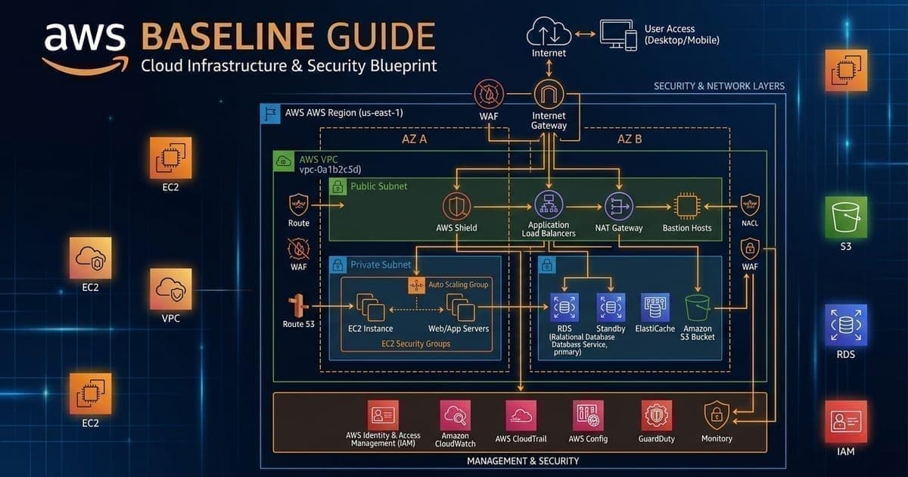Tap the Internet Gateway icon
[549, 96]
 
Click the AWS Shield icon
[457, 205]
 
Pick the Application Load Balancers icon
[549, 204]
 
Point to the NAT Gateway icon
[619, 204]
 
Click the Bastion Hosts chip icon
[686, 205]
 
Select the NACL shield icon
[749, 205]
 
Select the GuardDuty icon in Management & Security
[655, 415]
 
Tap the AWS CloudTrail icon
[521, 415]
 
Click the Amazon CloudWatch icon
[456, 415]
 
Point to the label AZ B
[630, 140]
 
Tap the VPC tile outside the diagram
[171, 289]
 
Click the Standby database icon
[611, 307]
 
